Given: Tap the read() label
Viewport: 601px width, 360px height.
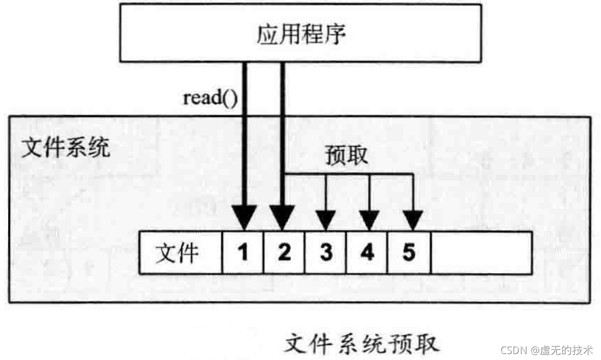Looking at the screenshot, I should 210,98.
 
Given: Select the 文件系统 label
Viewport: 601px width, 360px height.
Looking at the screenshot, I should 65,147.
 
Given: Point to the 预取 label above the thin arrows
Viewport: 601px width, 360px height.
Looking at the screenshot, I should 347,155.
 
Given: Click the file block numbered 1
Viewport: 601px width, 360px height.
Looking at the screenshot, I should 243,252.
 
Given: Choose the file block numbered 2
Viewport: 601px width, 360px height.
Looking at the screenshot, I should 284,252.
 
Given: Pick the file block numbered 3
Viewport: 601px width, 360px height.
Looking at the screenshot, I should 326,252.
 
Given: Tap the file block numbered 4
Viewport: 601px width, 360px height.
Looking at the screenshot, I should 367,252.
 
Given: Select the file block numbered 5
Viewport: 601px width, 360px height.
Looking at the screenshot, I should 409,252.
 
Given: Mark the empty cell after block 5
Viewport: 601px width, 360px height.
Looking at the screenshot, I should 481,252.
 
